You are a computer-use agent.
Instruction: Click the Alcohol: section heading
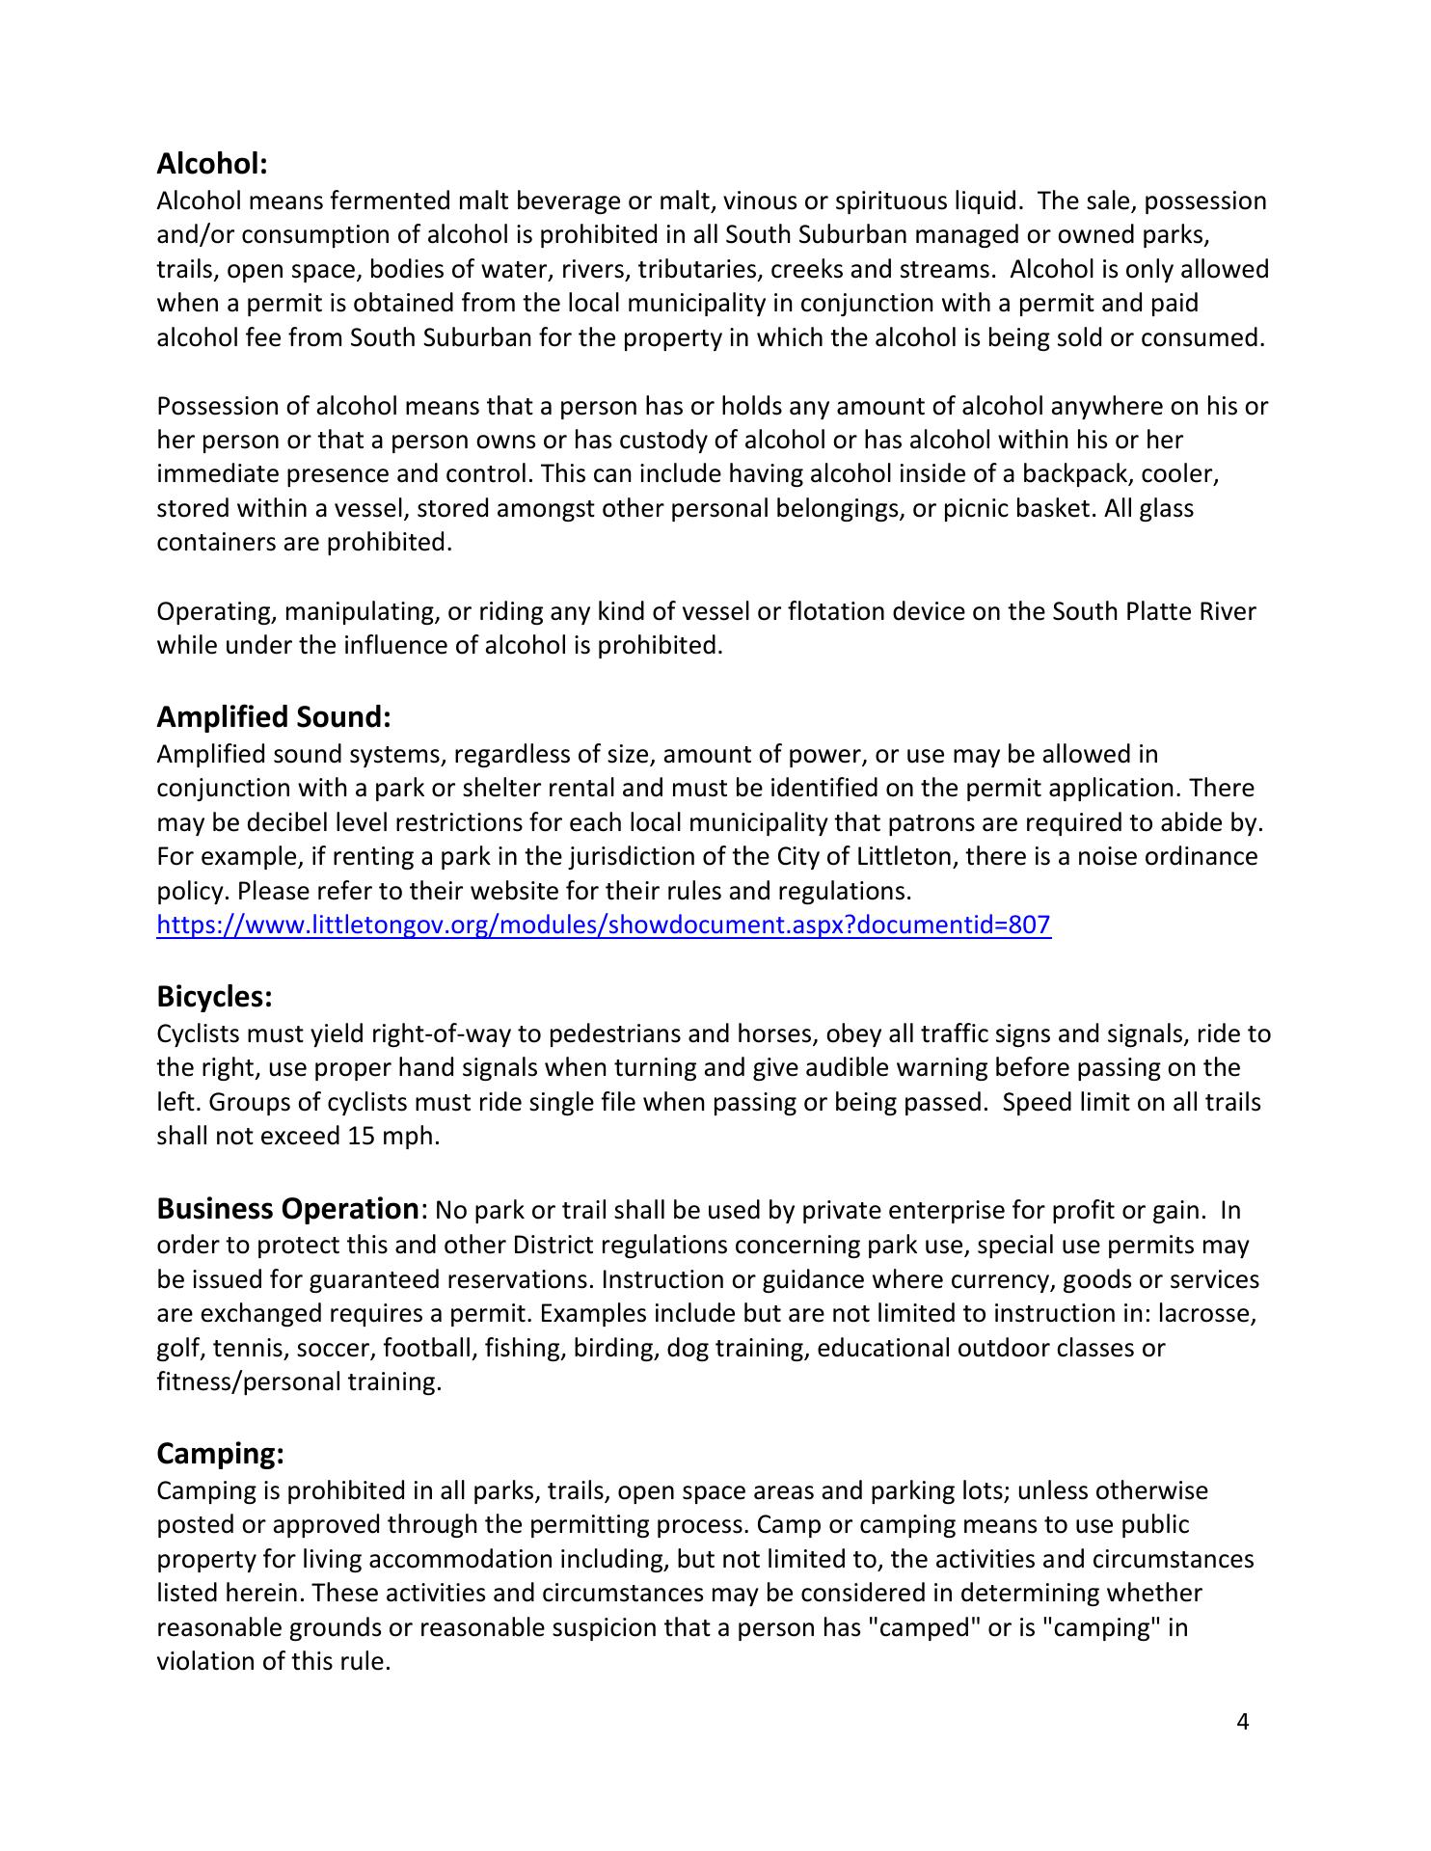[x=211, y=164]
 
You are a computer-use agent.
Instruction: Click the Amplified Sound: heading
[x=274, y=717]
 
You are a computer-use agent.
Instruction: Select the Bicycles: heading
[x=214, y=996]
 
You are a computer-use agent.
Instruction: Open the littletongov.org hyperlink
[x=604, y=925]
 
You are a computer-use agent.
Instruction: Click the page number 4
[x=1242, y=1722]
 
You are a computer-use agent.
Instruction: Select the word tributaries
[x=700, y=270]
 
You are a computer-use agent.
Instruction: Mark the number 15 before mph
[x=357, y=1137]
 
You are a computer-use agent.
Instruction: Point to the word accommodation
[x=518, y=1560]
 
